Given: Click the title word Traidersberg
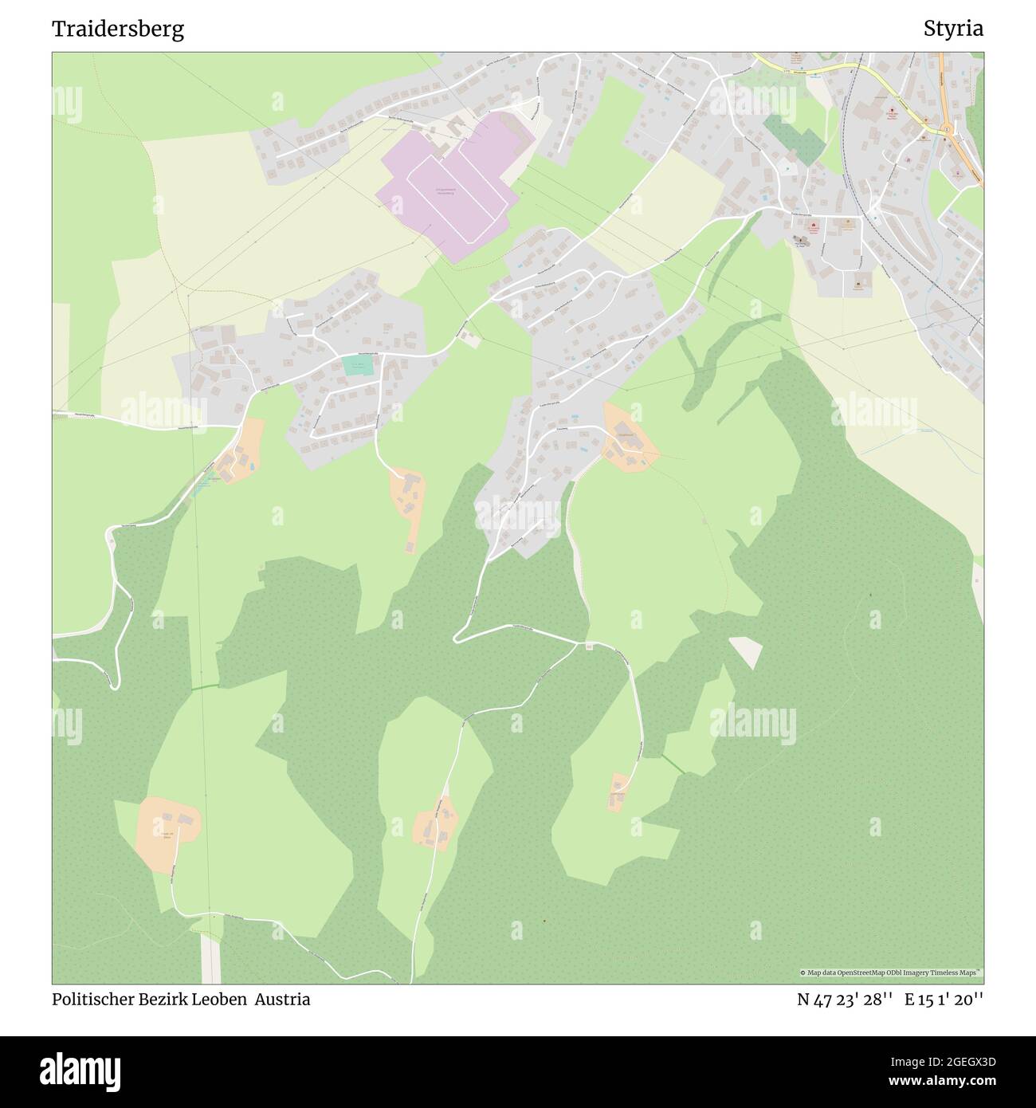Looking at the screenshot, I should (x=118, y=29).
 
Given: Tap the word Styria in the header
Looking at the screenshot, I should (x=953, y=29).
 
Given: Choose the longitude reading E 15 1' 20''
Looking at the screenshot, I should (x=944, y=999).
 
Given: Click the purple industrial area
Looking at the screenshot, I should (x=478, y=151).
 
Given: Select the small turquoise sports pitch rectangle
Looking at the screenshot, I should (x=358, y=366).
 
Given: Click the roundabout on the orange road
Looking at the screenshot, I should (x=945, y=128).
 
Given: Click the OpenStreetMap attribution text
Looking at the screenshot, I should (x=891, y=972).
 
